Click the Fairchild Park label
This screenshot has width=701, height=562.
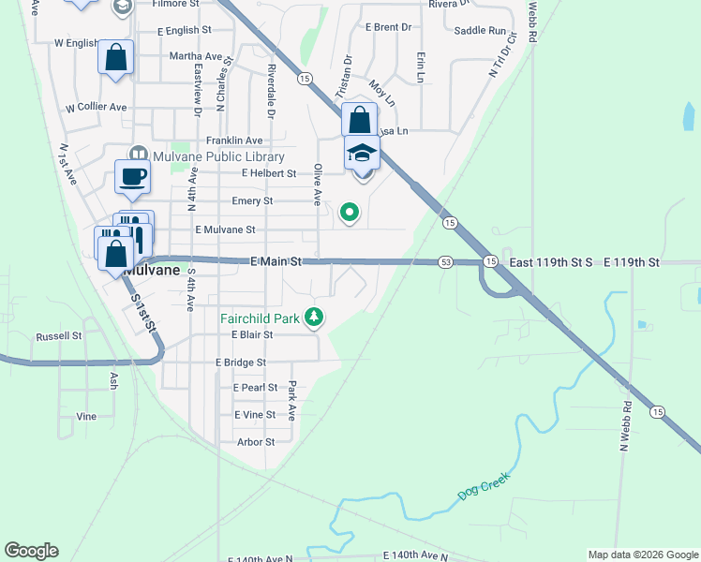(x=260, y=318)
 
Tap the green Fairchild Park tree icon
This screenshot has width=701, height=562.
(x=314, y=318)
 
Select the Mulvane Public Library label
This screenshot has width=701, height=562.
(x=206, y=157)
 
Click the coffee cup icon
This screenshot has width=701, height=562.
(x=132, y=176)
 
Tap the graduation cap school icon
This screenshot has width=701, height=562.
(x=362, y=153)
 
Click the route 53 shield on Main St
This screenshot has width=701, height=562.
(x=445, y=262)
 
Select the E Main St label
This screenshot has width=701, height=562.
(x=276, y=261)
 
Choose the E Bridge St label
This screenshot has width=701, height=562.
(x=241, y=362)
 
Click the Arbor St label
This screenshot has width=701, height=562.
(x=255, y=442)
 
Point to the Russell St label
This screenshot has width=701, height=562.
(x=58, y=335)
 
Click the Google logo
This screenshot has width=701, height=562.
(x=31, y=551)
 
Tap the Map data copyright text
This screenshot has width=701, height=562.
(x=642, y=555)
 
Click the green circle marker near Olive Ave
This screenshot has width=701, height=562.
(x=350, y=214)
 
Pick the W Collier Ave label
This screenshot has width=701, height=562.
(x=96, y=108)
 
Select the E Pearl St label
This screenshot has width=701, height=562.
(x=255, y=388)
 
